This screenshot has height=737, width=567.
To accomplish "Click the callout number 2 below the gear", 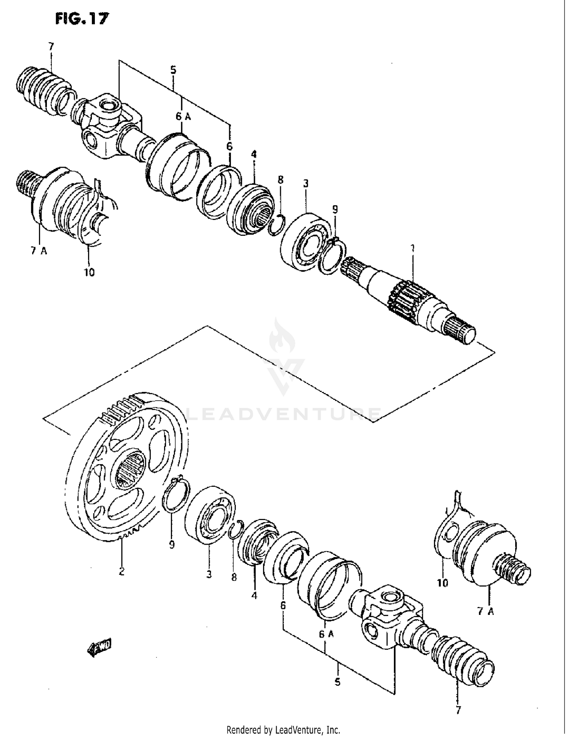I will pos(121,571).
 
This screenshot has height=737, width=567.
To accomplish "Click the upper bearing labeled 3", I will pos(306,242).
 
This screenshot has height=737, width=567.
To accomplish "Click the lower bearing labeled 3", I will pos(210,514).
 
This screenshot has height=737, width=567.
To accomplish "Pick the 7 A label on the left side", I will pos(39,251).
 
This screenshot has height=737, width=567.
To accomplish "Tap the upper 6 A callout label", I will pos(183,117).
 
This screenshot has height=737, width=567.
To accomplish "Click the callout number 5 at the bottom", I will pos(337,682).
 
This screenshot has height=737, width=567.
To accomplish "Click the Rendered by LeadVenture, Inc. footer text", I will pos(283,729).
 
